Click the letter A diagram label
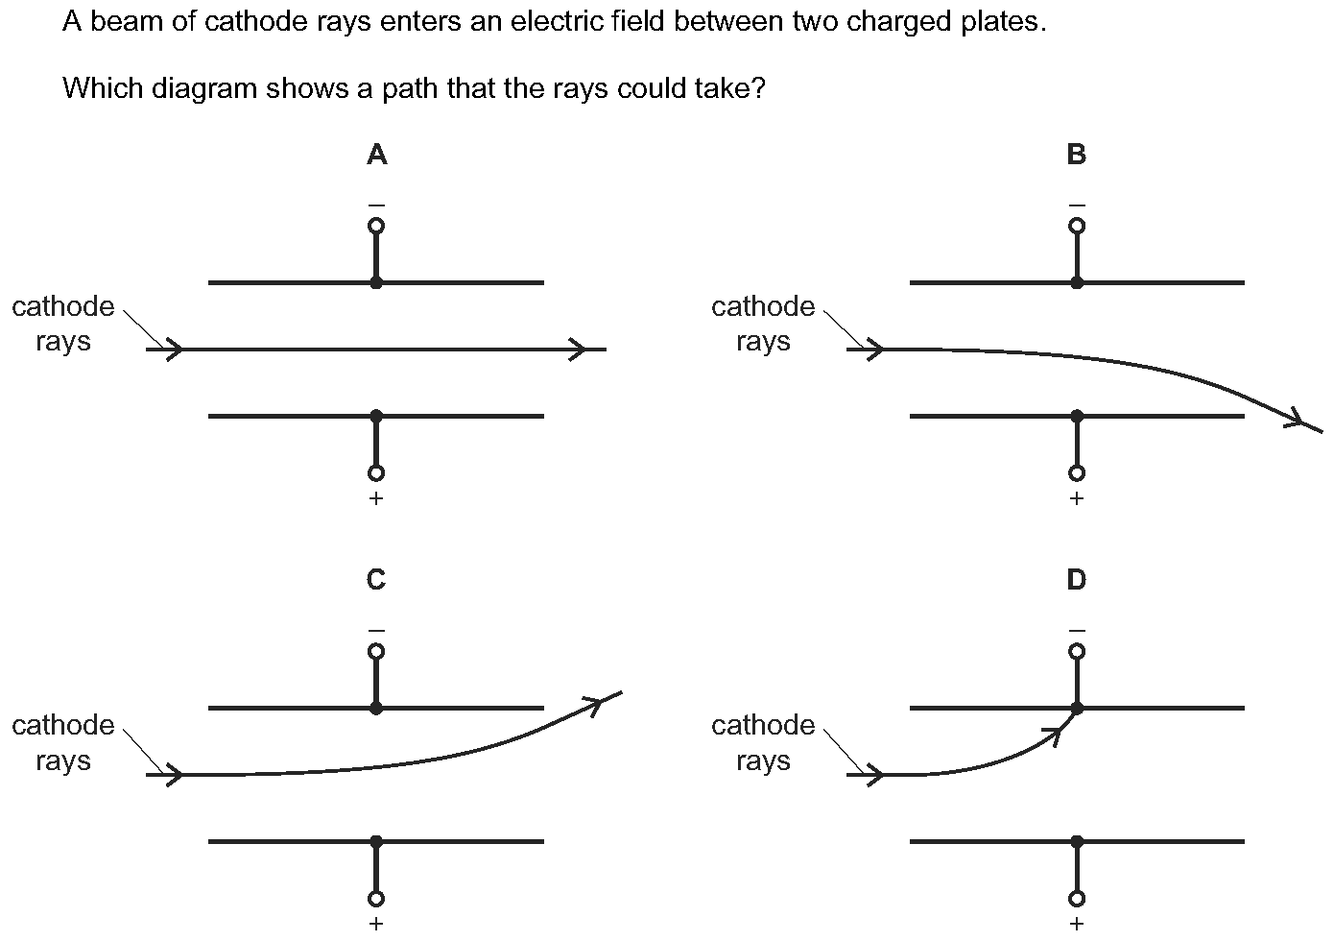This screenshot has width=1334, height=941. point(377,155)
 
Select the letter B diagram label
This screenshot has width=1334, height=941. point(1077,155)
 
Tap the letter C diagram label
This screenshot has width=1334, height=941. point(376,580)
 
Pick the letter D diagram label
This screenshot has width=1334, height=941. point(1077,580)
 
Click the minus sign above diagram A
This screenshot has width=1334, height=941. point(376,205)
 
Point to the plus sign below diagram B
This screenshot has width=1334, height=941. point(1077,497)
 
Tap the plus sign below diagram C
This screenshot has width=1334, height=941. point(376,923)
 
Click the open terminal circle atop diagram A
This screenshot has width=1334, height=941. point(376,226)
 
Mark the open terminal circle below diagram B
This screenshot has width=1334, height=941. point(1077,473)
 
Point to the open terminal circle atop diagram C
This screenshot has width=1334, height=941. point(376,651)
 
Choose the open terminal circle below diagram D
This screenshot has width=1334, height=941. point(1077,899)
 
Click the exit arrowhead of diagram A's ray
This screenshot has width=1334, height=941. point(578,350)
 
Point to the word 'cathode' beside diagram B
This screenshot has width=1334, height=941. point(763,307)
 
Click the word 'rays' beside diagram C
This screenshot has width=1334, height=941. point(63,760)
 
